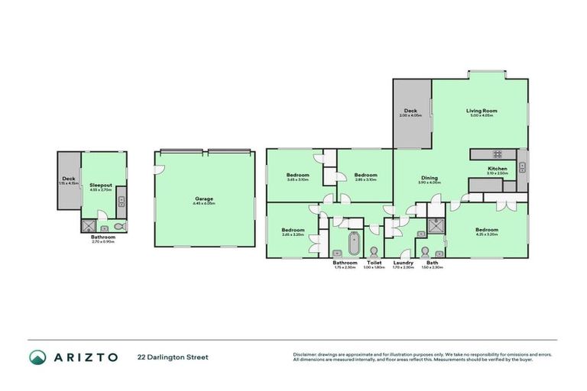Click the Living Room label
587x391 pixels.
(482, 111)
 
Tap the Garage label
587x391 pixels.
(204, 199)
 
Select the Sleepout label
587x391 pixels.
(101, 186)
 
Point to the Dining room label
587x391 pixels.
(430, 178)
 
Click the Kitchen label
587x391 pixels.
(497, 169)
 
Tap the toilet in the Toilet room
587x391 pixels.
(374, 251)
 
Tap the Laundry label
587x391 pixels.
(403, 263)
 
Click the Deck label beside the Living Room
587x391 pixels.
(410, 111)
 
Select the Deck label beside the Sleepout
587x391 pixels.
(68, 179)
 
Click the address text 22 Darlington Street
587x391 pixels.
(173, 357)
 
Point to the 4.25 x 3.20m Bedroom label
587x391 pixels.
(486, 230)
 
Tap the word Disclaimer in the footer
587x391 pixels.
(306, 354)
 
